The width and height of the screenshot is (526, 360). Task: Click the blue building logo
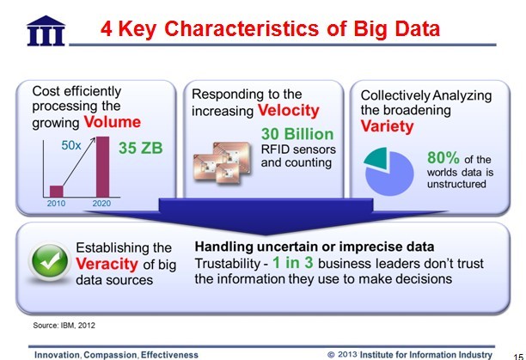(x=46, y=31)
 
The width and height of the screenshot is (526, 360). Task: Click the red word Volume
(x=113, y=122)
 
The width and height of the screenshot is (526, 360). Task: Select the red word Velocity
(x=289, y=111)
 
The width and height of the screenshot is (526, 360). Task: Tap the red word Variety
(x=387, y=126)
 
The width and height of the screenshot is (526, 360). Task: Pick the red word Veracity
(x=107, y=264)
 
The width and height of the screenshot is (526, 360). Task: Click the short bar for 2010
(x=57, y=191)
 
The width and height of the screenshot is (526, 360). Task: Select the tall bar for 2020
(x=102, y=167)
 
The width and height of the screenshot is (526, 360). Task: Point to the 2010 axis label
(x=56, y=203)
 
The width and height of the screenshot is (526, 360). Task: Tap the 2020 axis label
(x=101, y=203)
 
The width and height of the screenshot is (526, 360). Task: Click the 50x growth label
(x=71, y=145)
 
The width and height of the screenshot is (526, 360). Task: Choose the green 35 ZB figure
(x=141, y=148)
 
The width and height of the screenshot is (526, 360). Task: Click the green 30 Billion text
(x=297, y=134)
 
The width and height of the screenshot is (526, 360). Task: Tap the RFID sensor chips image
(x=222, y=162)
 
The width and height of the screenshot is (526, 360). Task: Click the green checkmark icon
(x=50, y=262)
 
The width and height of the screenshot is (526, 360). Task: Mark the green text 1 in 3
(x=293, y=262)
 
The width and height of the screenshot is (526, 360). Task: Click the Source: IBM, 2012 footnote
(x=64, y=325)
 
